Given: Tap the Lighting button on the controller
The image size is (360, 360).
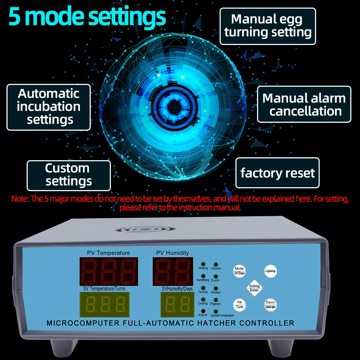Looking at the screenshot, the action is click(270, 271).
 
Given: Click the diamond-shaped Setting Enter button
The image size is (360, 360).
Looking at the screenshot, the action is click(254, 288).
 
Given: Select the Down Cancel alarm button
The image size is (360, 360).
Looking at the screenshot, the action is click(270, 305).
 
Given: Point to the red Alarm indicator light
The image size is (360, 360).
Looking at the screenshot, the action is click(203, 311).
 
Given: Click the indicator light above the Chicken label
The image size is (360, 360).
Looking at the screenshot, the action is click(216, 265).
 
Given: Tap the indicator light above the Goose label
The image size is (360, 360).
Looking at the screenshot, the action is click(216, 288).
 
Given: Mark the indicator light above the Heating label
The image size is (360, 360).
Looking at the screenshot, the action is click(203, 264).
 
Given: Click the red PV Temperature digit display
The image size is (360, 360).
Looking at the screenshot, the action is click(109, 271).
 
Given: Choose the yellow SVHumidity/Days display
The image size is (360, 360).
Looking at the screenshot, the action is click(177, 305).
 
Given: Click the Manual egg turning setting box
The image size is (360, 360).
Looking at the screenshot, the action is click(268, 26).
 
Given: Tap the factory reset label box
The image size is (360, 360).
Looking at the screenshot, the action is click(278, 173).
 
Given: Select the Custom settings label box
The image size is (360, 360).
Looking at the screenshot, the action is click(68, 175).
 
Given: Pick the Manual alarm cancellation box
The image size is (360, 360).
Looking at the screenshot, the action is click(304, 104).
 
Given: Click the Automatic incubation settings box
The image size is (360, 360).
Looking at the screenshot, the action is click(49, 107).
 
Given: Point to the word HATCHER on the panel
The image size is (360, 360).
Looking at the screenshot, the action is click(216, 323).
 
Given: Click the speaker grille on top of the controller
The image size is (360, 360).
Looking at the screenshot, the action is click(146, 229).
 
